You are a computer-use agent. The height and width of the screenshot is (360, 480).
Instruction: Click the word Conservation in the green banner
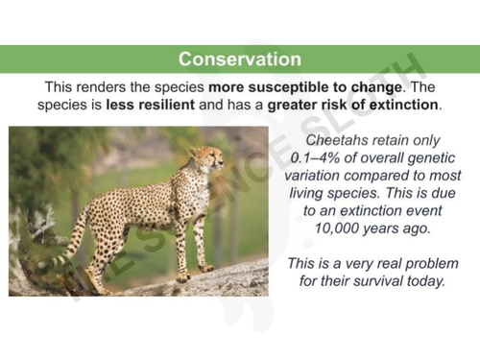click(239, 60)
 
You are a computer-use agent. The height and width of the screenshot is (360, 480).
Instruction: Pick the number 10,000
click(341, 228)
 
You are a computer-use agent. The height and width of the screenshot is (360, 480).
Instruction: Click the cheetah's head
click(203, 156)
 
